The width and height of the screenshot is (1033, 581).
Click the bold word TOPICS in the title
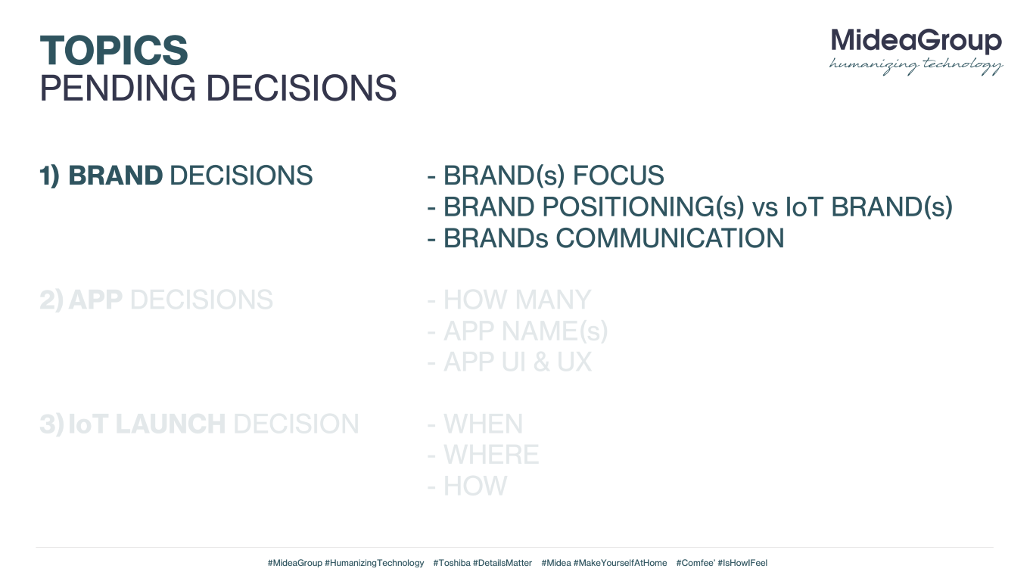[114, 50]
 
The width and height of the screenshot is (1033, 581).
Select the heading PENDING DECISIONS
[218, 88]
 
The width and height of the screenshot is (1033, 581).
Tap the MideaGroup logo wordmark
[916, 42]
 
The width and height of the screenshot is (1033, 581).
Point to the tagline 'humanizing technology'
[916, 66]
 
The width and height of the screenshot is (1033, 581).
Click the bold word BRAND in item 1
[115, 176]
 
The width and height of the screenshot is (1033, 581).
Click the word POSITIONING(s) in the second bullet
[643, 207]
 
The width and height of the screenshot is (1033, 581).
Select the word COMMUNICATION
[670, 238]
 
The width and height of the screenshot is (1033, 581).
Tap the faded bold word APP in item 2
[95, 300]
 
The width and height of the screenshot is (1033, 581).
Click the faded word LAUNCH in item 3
[170, 424]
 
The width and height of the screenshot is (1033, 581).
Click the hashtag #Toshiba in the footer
[452, 563]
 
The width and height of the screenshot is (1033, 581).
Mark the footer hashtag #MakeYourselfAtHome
[620, 563]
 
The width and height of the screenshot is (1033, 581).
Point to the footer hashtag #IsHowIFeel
[742, 563]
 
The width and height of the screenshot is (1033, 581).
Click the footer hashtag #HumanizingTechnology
[374, 563]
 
